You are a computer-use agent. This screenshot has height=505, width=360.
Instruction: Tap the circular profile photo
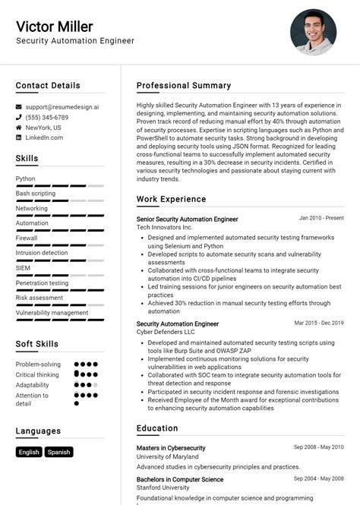click(312, 32)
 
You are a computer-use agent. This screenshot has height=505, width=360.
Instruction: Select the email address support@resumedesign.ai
click(62, 107)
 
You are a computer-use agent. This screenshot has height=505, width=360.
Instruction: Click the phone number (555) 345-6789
click(46, 118)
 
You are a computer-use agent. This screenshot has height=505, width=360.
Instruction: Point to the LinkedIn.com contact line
click(44, 137)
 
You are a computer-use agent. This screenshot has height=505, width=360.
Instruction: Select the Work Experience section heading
click(171, 199)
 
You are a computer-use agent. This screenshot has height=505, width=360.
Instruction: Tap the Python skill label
click(25, 178)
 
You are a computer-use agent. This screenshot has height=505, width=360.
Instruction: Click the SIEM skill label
click(24, 268)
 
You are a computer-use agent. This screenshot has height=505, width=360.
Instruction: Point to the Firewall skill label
click(27, 238)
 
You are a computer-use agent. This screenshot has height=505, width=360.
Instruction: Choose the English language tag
click(29, 452)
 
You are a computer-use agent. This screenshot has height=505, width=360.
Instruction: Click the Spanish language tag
click(58, 452)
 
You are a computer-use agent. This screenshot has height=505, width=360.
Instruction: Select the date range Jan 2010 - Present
click(321, 218)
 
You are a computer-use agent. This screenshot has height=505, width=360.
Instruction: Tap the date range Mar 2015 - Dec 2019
click(319, 323)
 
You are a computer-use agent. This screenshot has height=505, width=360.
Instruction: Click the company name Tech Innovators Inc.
click(165, 227)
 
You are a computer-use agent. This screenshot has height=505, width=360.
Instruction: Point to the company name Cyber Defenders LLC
click(166, 332)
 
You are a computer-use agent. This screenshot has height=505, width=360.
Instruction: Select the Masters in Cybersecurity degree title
click(170, 448)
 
